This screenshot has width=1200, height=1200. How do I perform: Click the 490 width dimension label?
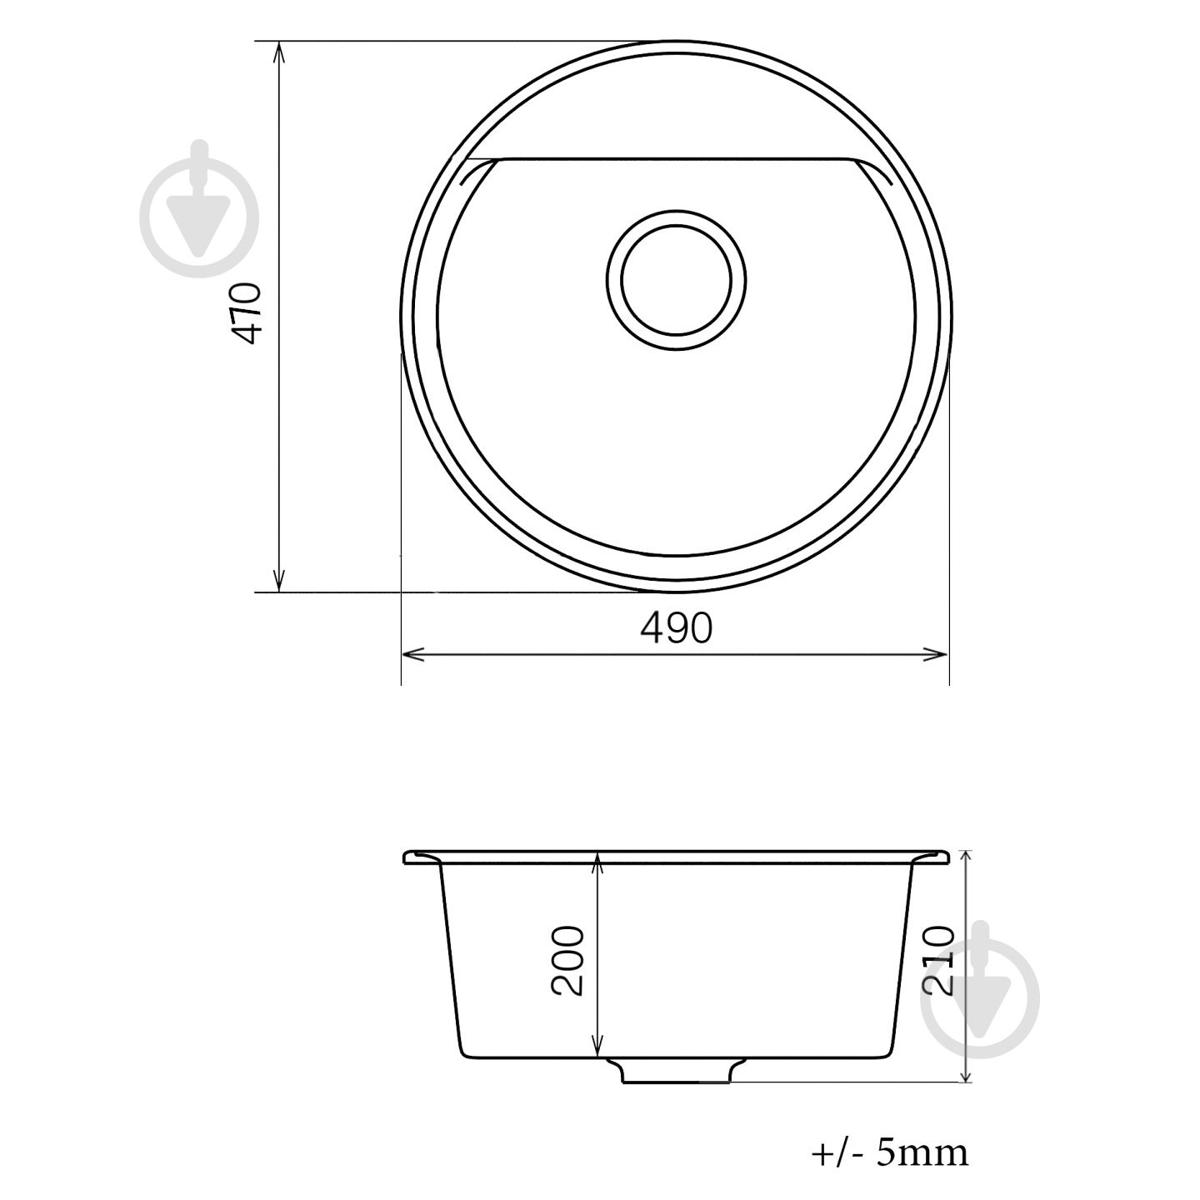pyautogui.click(x=676, y=628)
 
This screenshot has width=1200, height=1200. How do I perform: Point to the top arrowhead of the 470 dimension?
pyautogui.click(x=280, y=52)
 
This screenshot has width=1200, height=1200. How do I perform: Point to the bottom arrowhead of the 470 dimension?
pyautogui.click(x=280, y=580)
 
